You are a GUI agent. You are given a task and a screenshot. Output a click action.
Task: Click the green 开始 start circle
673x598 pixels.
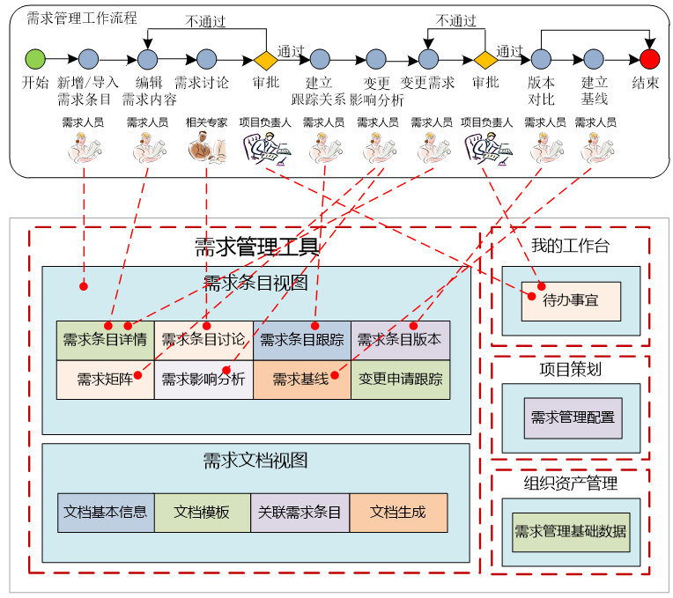pos(35,59)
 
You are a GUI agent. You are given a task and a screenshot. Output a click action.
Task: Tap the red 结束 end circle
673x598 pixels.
pos(649,59)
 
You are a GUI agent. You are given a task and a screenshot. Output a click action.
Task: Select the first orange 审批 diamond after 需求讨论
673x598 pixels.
pos(265,60)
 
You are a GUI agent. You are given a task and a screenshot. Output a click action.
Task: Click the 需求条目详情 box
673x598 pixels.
pos(105,340)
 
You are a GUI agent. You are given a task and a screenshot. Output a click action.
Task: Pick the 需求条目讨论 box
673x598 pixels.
pos(203,340)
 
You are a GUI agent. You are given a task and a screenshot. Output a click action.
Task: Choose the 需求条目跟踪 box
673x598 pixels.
pos(301,340)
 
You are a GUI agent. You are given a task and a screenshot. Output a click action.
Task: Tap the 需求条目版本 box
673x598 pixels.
pos(400,340)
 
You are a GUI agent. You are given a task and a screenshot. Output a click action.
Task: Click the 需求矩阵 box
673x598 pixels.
pos(105,380)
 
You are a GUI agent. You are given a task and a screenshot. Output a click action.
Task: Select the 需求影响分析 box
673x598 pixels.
pos(203,380)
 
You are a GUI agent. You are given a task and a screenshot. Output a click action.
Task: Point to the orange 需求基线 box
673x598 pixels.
pos(301,380)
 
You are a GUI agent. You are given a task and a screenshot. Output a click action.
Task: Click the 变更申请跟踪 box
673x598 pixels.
pos(400,380)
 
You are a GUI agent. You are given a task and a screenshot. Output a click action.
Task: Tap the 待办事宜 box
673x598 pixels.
pos(571,301)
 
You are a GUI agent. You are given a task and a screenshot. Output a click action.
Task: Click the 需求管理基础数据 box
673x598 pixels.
pos(571,532)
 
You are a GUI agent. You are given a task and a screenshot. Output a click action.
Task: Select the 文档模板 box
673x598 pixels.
pos(203,512)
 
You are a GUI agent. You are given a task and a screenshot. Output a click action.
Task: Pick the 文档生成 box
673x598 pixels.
pos(398,512)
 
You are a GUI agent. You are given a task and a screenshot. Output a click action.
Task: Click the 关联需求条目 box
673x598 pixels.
pos(300,512)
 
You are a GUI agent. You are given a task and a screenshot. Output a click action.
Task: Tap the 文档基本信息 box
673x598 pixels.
pos(106,512)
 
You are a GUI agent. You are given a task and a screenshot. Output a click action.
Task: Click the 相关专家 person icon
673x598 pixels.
pos(206,147)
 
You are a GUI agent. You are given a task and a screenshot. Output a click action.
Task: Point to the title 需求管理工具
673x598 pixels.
pos(256,247)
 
